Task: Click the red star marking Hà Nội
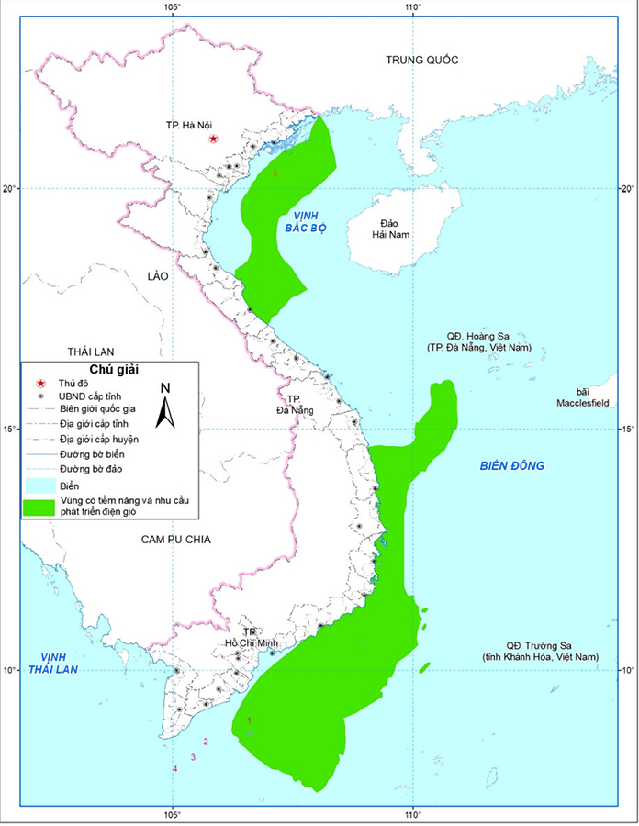214,139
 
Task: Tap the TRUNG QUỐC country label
421,61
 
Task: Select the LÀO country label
157,275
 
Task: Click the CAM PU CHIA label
176,540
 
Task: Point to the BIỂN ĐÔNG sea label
511,466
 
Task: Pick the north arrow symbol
165,405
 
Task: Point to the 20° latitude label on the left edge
9,189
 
